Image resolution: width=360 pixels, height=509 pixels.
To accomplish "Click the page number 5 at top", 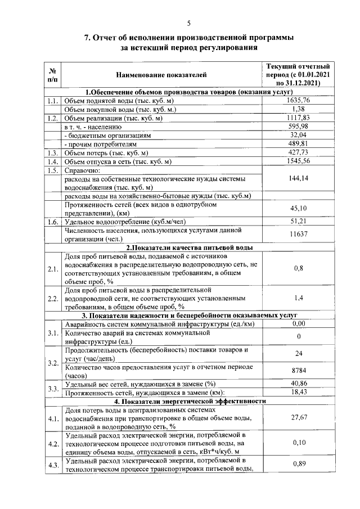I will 188,22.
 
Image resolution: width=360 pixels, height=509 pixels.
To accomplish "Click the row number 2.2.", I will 53,298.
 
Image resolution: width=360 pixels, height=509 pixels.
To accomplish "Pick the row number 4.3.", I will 53,465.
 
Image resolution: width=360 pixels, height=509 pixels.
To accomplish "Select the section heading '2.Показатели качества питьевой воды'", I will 189,247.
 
